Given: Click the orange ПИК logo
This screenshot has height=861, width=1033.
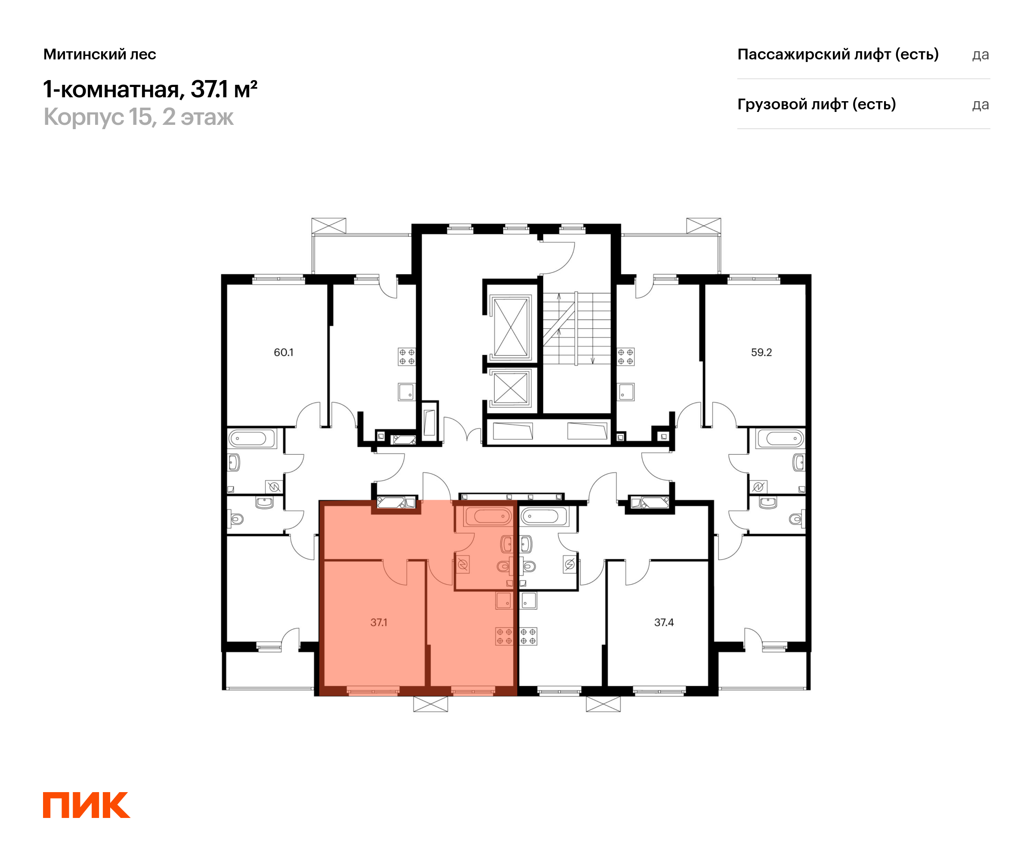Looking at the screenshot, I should point(86,805).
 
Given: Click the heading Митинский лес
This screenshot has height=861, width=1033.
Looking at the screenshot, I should point(99,54).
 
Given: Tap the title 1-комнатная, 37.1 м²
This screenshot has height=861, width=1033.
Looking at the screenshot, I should point(150,90).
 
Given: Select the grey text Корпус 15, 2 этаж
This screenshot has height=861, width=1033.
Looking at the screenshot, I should point(138,117).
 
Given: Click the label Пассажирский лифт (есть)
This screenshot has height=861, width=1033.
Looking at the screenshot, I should point(837,54).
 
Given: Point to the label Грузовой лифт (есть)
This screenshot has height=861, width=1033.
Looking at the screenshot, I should point(816,104).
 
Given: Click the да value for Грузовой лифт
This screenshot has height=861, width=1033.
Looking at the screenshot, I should point(980,105).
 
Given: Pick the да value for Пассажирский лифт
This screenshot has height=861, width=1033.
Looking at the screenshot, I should point(980,55).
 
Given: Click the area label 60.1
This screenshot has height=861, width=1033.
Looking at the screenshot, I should point(283,352).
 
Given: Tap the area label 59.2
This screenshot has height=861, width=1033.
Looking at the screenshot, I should point(761,352).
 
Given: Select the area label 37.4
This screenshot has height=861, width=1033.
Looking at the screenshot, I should point(664,623).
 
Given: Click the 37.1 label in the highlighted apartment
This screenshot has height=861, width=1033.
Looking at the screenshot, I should point(378,623).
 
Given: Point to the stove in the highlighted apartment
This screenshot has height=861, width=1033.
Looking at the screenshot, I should point(504,636).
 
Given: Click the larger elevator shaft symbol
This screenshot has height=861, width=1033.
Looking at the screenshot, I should point(510,326).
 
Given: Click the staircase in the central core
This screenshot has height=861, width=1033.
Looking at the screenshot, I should point(576,328).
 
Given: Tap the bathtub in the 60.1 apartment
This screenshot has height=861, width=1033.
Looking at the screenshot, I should point(251,438).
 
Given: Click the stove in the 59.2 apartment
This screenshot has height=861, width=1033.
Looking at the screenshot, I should point(625,357).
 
